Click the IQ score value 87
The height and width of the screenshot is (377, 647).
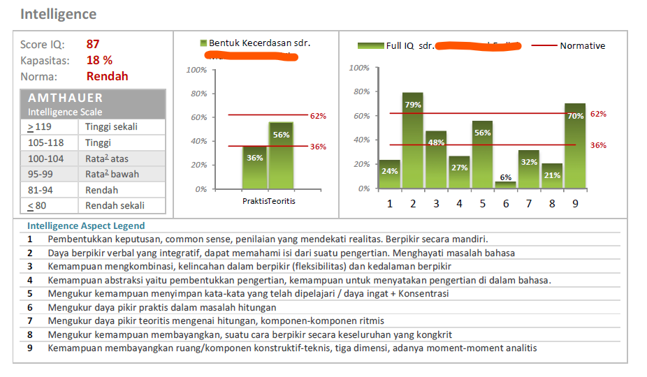click(93, 44)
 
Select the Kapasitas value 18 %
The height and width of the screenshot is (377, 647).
click(99, 60)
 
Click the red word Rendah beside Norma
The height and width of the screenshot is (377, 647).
click(107, 76)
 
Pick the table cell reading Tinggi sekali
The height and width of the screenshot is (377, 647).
click(111, 127)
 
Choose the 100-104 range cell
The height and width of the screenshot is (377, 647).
click(45, 158)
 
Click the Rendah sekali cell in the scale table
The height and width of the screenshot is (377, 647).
click(115, 205)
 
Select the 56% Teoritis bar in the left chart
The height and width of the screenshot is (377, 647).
click(281, 155)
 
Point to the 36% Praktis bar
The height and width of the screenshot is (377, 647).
click(255, 167)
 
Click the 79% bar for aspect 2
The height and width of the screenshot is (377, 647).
click(413, 140)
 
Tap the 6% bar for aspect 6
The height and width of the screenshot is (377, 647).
click(505, 185)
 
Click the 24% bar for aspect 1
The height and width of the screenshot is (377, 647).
click(390, 175)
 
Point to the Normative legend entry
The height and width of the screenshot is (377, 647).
click(581, 46)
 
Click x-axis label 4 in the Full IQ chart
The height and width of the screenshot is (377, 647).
click(459, 204)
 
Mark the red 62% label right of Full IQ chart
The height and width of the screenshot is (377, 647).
click(598, 113)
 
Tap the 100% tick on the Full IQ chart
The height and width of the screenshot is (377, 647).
click(359, 68)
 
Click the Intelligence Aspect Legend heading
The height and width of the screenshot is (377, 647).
click(86, 226)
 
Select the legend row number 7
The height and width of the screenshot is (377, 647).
click(30, 320)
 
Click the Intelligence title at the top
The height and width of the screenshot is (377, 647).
click(58, 14)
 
